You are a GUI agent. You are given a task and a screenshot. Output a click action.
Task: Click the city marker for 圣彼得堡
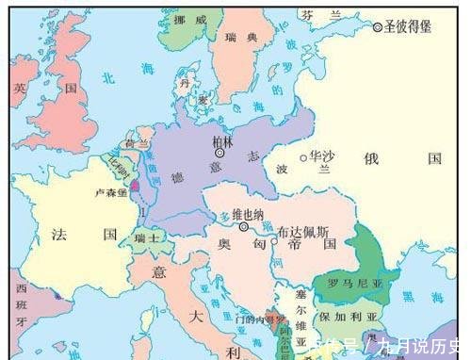379,27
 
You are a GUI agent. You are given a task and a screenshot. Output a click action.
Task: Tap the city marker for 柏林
219,152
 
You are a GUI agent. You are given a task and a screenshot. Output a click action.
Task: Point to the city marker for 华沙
302,158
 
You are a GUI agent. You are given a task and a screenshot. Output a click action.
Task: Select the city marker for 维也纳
243,226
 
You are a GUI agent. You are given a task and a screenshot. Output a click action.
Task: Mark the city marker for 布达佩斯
273,240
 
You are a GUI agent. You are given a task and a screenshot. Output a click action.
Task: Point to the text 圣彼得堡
408,27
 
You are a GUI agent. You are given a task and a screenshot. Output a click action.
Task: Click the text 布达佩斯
303,231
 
